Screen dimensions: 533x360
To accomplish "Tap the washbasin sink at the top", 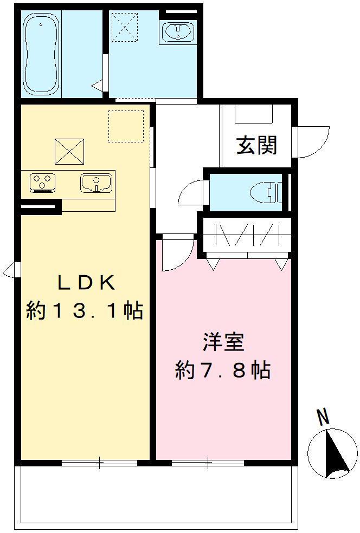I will [178, 32].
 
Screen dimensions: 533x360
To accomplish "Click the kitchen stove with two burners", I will [42, 183].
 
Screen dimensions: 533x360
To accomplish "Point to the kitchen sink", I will [96, 183].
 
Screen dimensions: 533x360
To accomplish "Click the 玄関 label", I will [256, 145].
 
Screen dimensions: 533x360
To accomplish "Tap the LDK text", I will [85, 283].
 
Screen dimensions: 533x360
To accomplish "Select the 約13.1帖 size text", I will [84, 311].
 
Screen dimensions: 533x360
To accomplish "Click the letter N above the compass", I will [323, 417].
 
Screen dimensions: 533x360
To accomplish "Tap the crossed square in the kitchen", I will [69, 152].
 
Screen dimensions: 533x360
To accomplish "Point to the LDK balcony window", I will [99, 463].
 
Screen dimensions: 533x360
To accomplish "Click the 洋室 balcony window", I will [208, 463].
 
